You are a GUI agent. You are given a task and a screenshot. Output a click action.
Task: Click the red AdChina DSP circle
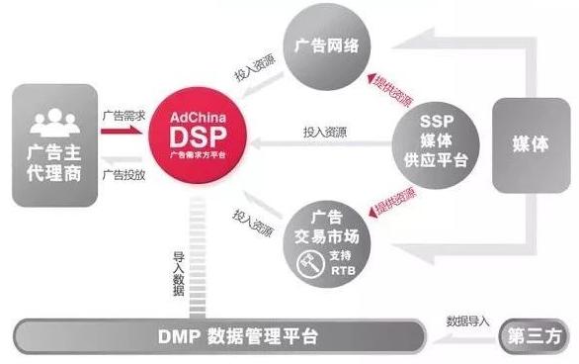pos(199,138)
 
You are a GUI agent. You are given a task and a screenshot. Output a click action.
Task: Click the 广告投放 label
pos(125,174)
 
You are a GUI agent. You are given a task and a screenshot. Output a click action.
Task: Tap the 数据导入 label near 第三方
pos(469,321)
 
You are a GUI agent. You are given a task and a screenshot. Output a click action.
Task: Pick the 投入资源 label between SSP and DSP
pos(325,130)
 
